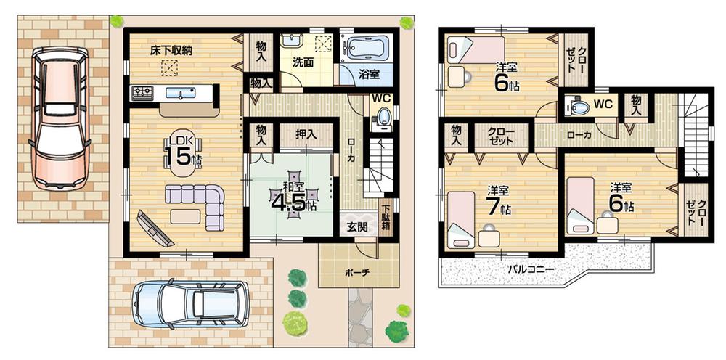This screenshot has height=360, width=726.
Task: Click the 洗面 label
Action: coord(303,62)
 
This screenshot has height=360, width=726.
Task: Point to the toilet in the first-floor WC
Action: coord(382,118)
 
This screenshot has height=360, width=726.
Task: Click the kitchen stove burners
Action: coord(142,92)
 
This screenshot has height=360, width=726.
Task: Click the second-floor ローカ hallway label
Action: coord(579,135)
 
